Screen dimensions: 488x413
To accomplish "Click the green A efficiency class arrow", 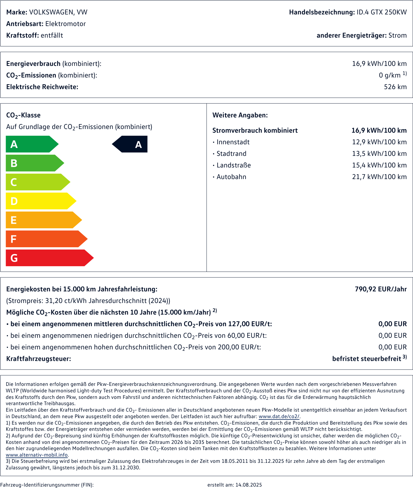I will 31,144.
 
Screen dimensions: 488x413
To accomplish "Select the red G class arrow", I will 48,258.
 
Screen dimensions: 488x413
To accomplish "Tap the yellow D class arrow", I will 40,201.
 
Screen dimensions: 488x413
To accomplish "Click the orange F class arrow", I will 45,239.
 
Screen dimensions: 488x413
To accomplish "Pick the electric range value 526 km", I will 395,87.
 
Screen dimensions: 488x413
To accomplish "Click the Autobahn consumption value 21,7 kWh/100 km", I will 379,177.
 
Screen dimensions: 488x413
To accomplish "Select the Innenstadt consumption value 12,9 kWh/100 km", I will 379,142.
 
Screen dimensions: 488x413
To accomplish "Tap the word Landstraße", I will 234,165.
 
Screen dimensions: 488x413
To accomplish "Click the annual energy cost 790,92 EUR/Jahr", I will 381,289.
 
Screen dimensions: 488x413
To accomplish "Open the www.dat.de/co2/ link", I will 279,416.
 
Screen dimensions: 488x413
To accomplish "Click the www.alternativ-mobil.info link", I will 37,455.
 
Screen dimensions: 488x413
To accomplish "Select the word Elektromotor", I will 65,24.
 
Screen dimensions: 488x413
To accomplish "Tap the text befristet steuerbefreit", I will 367,359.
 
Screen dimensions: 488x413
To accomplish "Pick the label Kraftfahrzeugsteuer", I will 38,359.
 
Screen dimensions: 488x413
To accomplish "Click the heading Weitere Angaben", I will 240,115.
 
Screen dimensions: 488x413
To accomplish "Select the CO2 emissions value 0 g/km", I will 390,75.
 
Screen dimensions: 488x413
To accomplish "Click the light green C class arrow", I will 37,182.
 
